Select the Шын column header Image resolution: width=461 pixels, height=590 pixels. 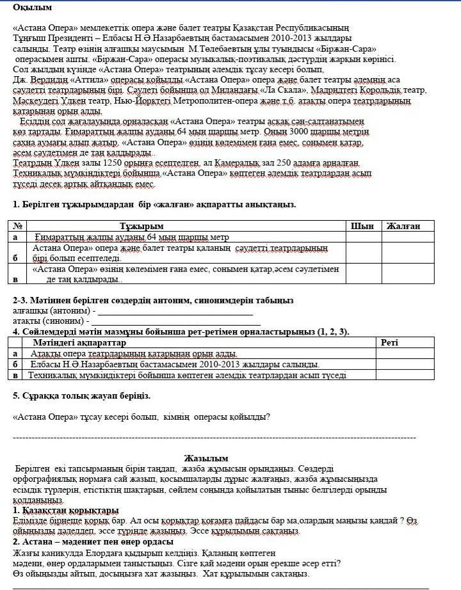[363, 226]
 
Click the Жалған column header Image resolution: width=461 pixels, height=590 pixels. [403, 226]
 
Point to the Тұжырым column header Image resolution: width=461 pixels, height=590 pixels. [142, 226]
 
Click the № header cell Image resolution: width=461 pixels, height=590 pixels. [19, 226]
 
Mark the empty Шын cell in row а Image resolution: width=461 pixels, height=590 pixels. [363, 237]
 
